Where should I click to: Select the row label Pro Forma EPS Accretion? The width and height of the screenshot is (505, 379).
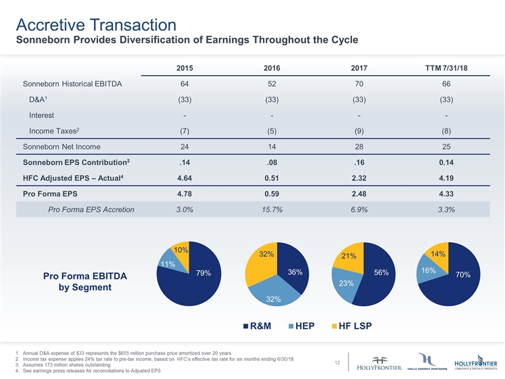(91, 209)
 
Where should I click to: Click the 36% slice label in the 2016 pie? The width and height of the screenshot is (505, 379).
(295, 272)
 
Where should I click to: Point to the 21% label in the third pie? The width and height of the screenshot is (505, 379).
(349, 257)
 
